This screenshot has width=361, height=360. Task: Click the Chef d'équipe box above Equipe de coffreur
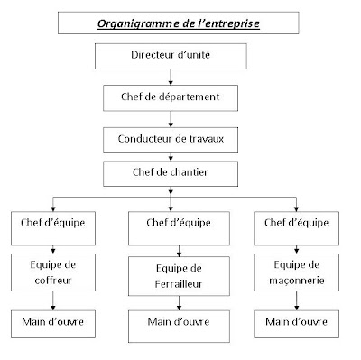click(42, 222)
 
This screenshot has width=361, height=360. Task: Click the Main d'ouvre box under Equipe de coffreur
click(42, 321)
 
